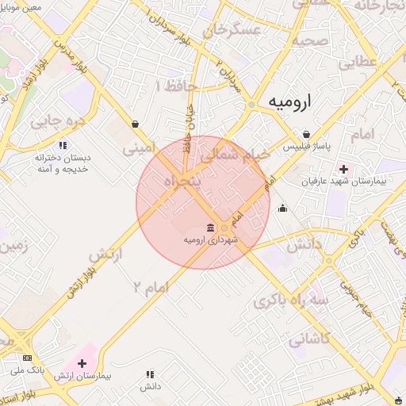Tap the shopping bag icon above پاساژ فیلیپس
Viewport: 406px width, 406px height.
point(307,134)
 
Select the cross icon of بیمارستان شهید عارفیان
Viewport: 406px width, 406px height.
point(343,168)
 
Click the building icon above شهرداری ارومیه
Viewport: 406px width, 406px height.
point(211,226)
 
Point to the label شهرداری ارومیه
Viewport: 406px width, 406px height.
point(211,239)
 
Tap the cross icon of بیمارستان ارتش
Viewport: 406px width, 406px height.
point(82,362)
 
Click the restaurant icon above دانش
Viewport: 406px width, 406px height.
point(149,373)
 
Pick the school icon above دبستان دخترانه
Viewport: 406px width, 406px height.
point(40,147)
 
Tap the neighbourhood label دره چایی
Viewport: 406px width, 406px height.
point(57,122)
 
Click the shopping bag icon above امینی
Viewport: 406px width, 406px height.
point(136,124)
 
